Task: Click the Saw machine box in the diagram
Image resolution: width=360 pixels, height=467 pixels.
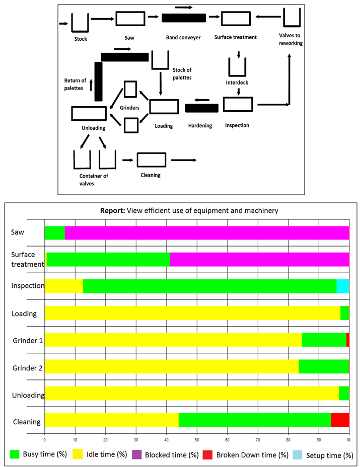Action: pyautogui.click(x=130, y=19)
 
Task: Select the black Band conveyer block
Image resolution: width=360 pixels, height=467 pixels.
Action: pyautogui.click(x=183, y=18)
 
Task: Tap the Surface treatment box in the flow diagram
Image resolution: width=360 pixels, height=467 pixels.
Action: pyautogui.click(x=236, y=19)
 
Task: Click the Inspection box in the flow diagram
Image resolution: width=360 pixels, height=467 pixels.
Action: pyautogui.click(x=237, y=104)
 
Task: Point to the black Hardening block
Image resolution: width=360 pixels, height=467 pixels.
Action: pyautogui.click(x=201, y=108)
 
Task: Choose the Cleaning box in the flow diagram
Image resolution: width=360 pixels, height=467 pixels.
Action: pyautogui.click(x=151, y=160)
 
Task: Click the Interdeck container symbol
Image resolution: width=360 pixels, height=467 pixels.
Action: pyautogui.click(x=238, y=67)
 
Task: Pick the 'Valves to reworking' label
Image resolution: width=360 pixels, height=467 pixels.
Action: pyautogui.click(x=291, y=39)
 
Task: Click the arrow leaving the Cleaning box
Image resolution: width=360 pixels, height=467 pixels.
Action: pyautogui.click(x=184, y=160)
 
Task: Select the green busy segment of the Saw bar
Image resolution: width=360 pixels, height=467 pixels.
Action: pyautogui.click(x=55, y=233)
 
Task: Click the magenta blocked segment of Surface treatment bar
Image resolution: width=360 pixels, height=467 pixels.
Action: pyautogui.click(x=259, y=259)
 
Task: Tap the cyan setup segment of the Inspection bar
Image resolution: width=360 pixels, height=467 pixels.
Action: pyautogui.click(x=342, y=286)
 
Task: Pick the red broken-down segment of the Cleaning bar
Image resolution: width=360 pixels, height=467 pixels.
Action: pyautogui.click(x=340, y=419)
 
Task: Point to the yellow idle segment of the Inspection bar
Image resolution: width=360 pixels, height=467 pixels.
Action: pyautogui.click(x=64, y=286)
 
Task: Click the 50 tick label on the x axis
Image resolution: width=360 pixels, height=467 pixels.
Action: pyautogui.click(x=197, y=437)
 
